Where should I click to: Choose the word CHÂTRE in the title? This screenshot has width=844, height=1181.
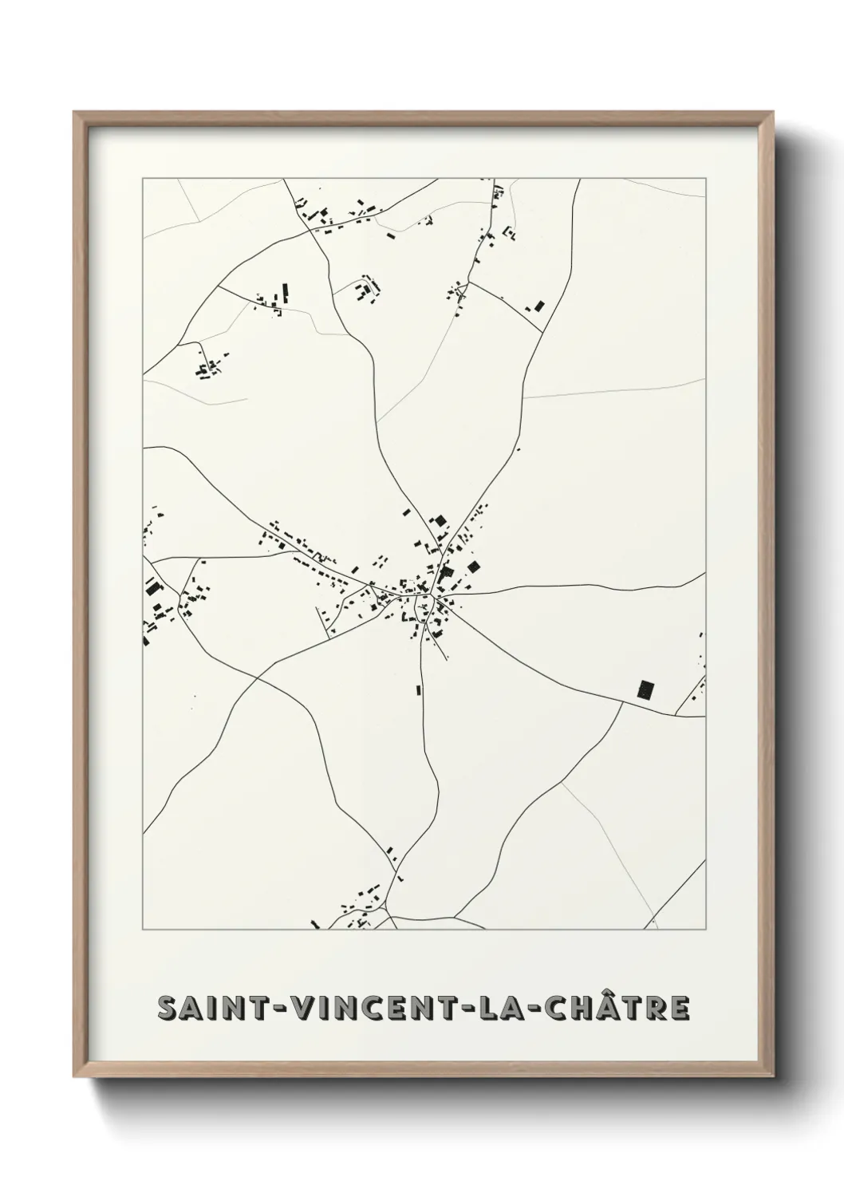[x=610, y=1009]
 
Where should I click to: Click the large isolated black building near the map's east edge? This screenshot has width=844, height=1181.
[x=645, y=689]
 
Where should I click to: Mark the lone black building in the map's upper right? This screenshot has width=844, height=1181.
[x=538, y=306]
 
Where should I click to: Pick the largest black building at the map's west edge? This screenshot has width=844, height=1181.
[x=152, y=590]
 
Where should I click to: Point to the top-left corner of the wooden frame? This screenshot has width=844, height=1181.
[x=75, y=113]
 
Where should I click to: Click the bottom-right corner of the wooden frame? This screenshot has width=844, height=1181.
[x=775, y=1078]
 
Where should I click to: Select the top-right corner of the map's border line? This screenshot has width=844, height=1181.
[x=705, y=179]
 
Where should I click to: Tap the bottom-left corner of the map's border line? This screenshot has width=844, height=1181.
[x=143, y=930]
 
